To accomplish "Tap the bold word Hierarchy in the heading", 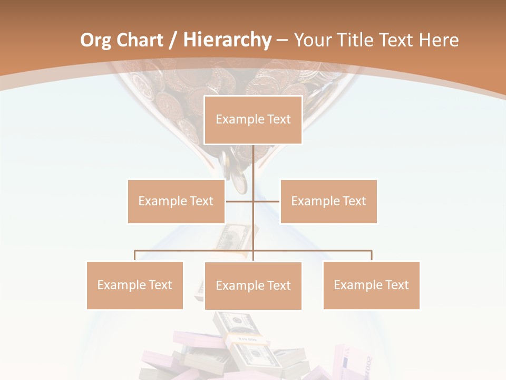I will (227, 40).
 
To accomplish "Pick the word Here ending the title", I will (439, 40).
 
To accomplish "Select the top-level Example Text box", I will (253, 120).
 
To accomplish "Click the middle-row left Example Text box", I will (176, 201).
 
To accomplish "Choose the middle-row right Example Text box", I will (328, 201).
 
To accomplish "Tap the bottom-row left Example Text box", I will (135, 285).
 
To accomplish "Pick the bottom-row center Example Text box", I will (253, 286).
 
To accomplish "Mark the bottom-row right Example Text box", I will (371, 285).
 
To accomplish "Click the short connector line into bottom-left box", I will (135, 256).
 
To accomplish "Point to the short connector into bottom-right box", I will (372, 256).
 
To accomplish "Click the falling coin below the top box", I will (240, 183).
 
